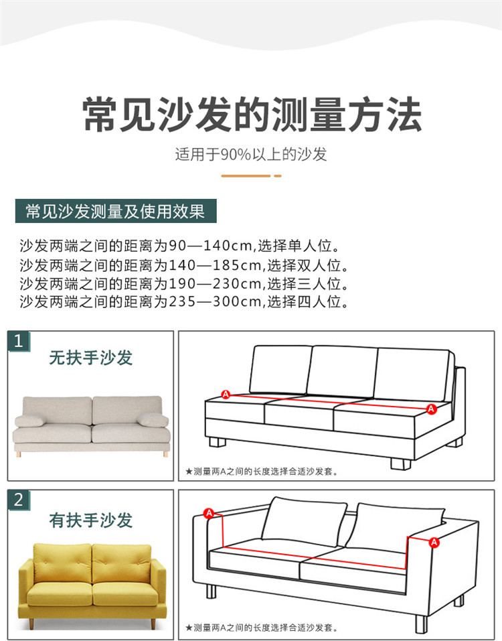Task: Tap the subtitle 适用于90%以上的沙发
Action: pos(251,155)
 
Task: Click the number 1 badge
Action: pos(19,342)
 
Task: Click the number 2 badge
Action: pos(19,500)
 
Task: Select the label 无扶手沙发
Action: pos(91,358)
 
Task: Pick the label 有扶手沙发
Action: pos(91,520)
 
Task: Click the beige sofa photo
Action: pos(91,423)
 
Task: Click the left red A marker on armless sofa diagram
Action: pos(226,395)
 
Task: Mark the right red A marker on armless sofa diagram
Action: pos(431,409)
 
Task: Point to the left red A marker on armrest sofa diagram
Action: pos(209,514)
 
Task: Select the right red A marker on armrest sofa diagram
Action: pos(434,541)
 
